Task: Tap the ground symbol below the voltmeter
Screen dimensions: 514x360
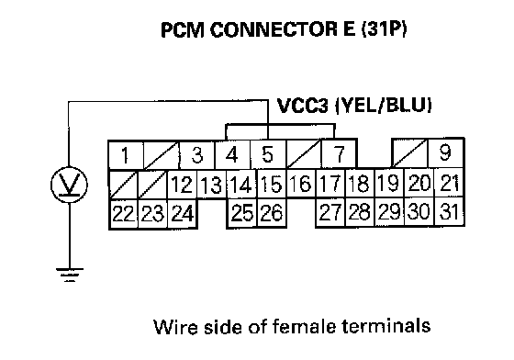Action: coord(70,275)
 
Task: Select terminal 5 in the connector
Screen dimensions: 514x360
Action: coord(268,154)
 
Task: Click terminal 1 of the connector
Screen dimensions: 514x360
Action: coord(126,155)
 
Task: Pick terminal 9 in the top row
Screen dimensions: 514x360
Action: coord(446,153)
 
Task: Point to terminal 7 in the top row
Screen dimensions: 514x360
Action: coord(340,154)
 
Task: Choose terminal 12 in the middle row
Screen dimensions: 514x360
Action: coord(183,184)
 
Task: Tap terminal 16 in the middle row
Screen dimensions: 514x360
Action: coord(301,184)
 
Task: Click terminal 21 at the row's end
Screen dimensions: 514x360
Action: coord(450,183)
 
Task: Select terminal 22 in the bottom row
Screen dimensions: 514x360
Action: coord(123,213)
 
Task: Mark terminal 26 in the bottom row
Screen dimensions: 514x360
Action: coord(272,212)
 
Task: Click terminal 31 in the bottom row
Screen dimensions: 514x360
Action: coord(450,211)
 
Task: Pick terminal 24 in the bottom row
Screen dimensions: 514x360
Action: coord(183,213)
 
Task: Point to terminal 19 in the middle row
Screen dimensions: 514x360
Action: coord(389,183)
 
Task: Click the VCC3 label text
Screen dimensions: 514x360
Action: coord(302,106)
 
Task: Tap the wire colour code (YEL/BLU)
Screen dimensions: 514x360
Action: coord(384,106)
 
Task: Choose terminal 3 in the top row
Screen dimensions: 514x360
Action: coord(197,154)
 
